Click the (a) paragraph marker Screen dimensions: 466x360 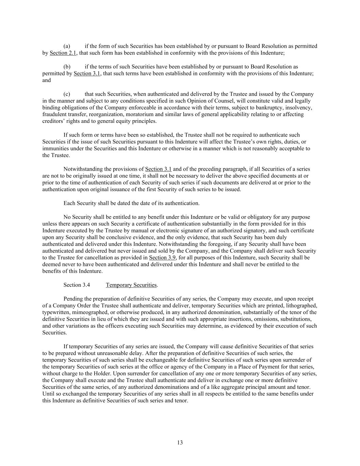67,46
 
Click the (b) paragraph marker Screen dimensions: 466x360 67,67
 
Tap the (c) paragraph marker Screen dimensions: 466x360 67,94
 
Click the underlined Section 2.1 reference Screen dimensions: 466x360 63,53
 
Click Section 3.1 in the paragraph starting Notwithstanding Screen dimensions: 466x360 158,169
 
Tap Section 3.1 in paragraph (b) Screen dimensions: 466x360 87,73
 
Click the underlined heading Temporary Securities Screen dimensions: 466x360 131,285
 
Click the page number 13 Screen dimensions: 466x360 180,443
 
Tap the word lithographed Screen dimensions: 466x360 302,306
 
